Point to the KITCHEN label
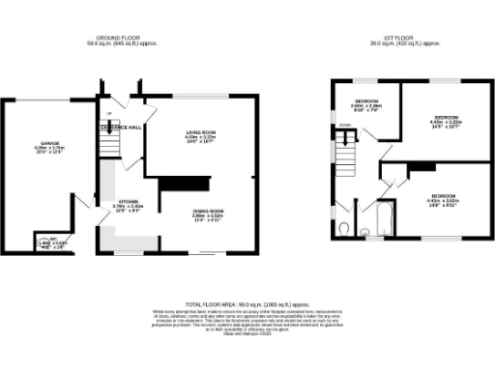(x=129, y=201)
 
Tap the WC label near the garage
(x=55, y=238)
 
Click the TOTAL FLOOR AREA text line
(x=247, y=304)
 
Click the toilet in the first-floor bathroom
(x=346, y=228)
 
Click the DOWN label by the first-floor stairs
(x=344, y=126)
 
